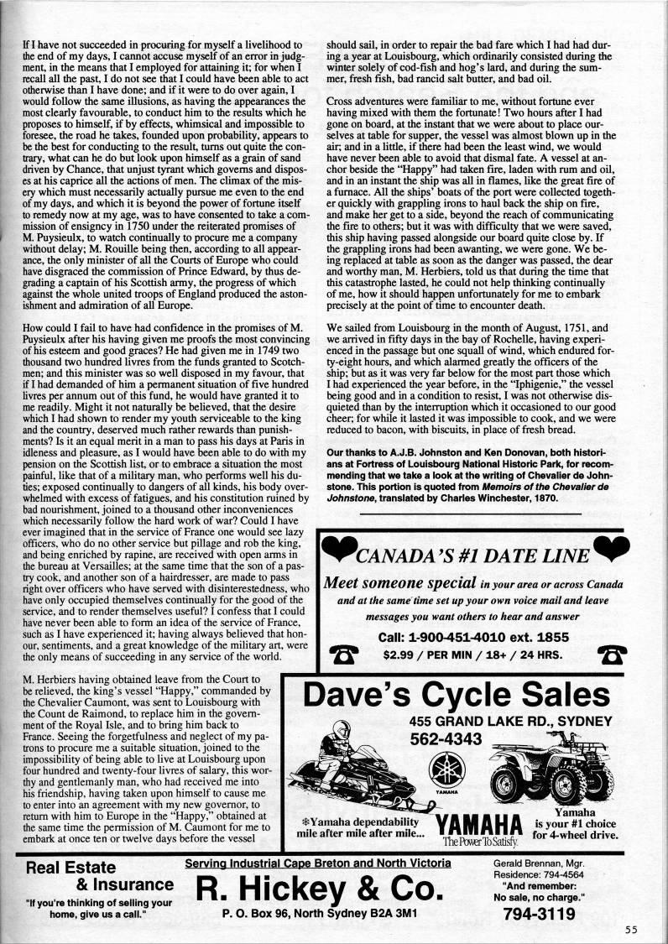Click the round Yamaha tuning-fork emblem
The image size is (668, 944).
444,769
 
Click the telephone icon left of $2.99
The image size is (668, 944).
342,655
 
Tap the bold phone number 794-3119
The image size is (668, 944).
542,915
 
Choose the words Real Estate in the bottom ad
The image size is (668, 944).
67,867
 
